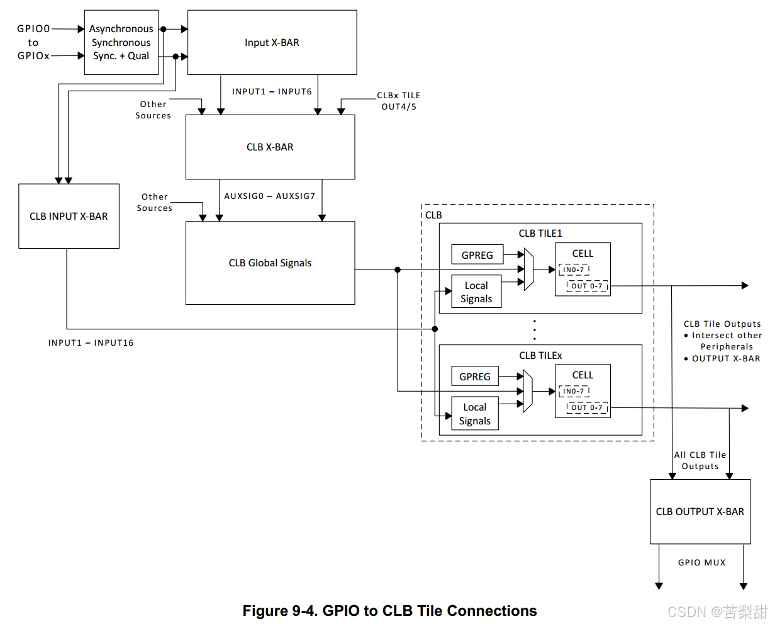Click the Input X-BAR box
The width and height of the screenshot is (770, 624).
272,43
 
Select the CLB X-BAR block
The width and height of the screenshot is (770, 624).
270,147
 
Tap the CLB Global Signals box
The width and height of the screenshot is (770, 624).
270,263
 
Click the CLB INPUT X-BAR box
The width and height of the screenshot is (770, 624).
69,216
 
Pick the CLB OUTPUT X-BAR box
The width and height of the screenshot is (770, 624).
700,511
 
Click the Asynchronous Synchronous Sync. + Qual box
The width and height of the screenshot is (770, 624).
121,42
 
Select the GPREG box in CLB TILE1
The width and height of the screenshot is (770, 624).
477,255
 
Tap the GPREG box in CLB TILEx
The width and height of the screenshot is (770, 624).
474,377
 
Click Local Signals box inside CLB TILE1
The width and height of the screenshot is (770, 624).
476,292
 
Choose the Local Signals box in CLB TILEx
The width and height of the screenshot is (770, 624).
474,414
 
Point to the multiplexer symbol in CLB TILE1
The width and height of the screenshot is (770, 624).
528,269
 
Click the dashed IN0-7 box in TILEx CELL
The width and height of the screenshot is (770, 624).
574,391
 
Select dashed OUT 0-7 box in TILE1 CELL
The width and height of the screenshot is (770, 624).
587,286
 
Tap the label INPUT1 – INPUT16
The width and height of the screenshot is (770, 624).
91,343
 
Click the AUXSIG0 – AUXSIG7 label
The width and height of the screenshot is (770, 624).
269,196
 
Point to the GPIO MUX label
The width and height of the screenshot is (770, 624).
701,562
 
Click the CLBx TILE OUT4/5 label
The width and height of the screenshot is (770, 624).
399,101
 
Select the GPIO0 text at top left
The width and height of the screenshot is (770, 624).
33,28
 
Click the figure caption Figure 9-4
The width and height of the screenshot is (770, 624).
389,611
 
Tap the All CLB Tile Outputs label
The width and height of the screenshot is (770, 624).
700,460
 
